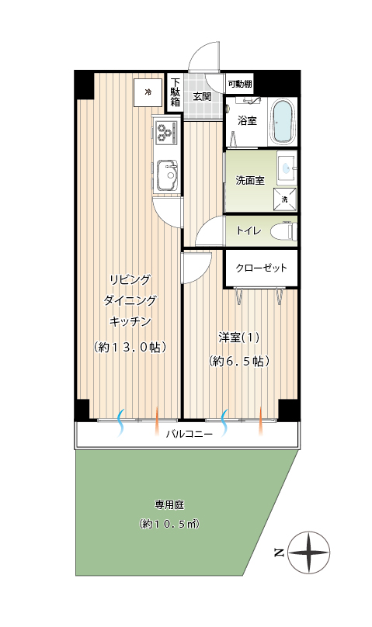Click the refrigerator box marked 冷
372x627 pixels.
pos(148,92)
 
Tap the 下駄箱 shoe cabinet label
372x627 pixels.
pos(176,92)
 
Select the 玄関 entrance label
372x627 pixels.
pos(202,96)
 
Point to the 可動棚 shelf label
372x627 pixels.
pos(240,85)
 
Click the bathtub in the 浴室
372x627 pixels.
pos(283,122)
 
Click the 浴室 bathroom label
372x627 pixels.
pos(247,120)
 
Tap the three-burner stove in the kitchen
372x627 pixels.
pos(166,133)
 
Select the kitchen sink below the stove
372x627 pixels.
pos(167,175)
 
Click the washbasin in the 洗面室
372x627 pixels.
pos(287,168)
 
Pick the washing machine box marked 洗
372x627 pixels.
pos(285,199)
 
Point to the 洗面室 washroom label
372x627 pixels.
pos(250,180)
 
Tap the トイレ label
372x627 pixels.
pos(249,230)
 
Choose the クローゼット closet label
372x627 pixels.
pos(261,268)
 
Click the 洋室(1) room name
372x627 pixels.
pos(238,338)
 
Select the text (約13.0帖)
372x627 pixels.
pos(130,347)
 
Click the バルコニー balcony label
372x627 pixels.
pos(189,434)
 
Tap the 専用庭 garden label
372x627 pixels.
pos(169,505)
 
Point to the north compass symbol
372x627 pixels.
pos(309,553)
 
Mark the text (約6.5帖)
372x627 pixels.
pos(238,362)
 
